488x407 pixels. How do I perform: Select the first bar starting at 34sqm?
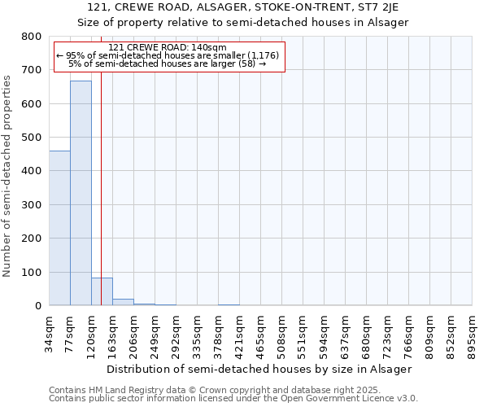(x=59, y=228)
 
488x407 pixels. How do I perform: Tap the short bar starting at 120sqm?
(x=102, y=291)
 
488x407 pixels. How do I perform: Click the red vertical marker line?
(x=101, y=203)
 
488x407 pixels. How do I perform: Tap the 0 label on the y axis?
(x=37, y=305)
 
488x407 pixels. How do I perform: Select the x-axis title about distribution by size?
(x=259, y=369)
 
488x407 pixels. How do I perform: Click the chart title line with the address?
(x=243, y=7)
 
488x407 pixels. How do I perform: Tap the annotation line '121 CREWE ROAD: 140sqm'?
(x=167, y=47)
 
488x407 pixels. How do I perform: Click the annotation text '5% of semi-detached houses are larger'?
(x=167, y=63)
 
